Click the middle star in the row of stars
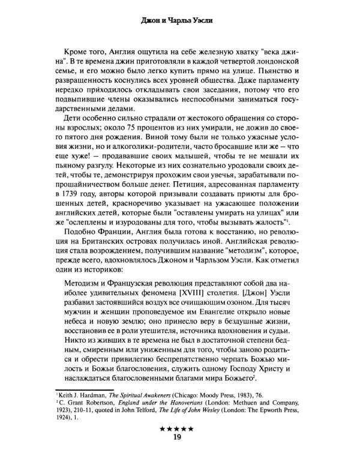click(x=179, y=430)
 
